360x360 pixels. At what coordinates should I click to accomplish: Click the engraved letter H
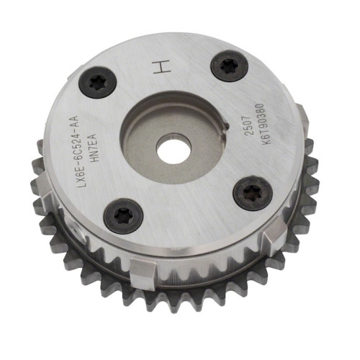tap(162, 66)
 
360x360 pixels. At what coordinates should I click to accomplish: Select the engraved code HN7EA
tap(92, 147)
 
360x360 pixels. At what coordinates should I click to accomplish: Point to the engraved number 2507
tap(248, 127)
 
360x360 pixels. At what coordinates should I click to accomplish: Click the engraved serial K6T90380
tap(261, 124)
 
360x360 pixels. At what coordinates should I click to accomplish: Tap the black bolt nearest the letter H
tap(229, 66)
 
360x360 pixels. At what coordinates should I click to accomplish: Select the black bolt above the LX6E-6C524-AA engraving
tap(98, 83)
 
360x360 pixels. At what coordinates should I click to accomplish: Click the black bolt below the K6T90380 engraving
tap(253, 193)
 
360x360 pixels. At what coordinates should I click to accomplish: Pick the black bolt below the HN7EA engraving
tap(124, 213)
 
